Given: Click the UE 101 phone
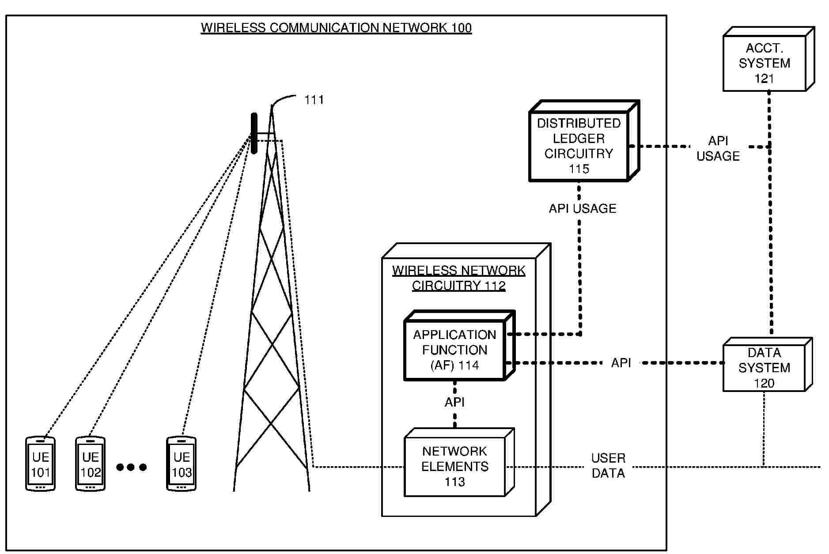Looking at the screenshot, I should coord(40,464).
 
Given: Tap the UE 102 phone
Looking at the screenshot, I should coord(90,464).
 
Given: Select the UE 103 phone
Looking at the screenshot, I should coord(181,464).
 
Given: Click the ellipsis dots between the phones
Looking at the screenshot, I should coord(131,467).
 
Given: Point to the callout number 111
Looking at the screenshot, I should coord(314,100).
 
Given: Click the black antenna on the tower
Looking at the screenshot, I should coord(254,133).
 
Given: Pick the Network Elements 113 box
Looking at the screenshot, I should coord(454,466).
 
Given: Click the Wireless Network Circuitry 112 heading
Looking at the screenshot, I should coord(458,278).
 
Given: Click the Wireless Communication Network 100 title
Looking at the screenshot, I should coord(336,28).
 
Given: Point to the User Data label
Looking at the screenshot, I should coord(608,466).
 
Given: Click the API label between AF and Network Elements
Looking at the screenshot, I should coord(454,402).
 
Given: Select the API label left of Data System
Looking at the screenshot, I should coord(621,363).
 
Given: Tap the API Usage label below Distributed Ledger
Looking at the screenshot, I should coord(582,208).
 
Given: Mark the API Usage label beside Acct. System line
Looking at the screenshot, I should coord(718,148).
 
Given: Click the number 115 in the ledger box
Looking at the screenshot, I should coord(579,169).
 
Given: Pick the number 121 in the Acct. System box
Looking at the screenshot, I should coord(764,79).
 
